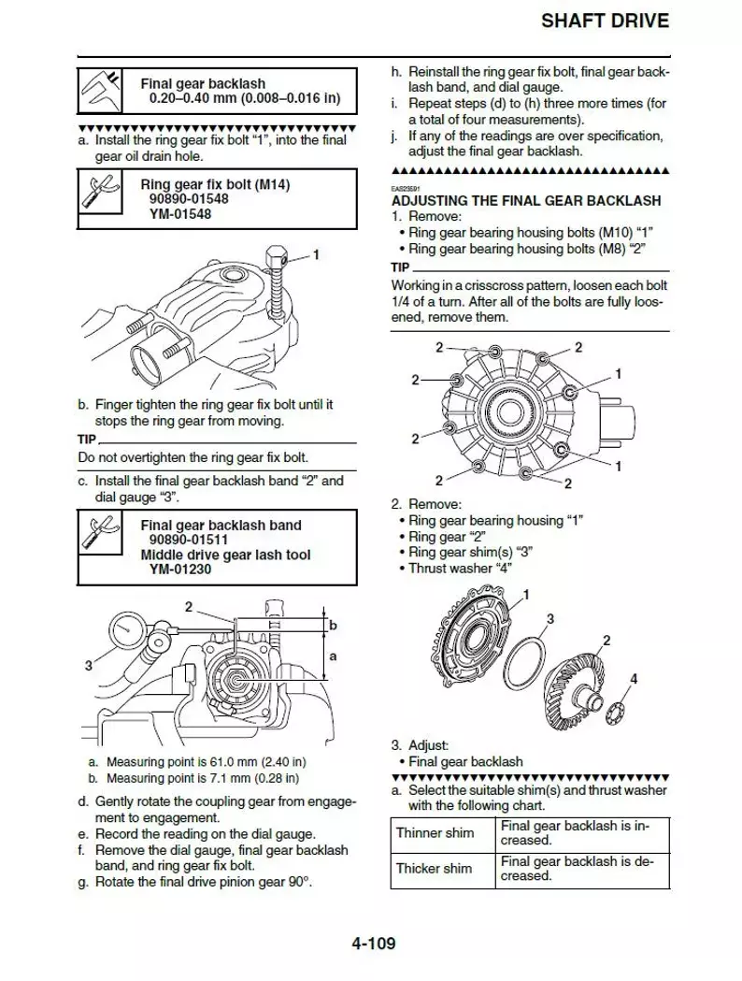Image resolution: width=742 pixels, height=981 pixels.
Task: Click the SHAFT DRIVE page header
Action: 606,21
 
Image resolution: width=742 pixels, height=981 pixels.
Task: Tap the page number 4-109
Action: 373,943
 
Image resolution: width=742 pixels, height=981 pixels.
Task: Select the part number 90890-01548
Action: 186,199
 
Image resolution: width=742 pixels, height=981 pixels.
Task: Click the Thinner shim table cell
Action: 435,832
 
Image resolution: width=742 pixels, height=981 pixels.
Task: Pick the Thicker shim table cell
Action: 435,868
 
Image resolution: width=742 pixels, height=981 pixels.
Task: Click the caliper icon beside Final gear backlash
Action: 103,91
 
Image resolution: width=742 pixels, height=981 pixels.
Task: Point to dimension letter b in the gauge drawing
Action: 333,624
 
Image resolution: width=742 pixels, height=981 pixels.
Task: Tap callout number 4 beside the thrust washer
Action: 634,679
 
